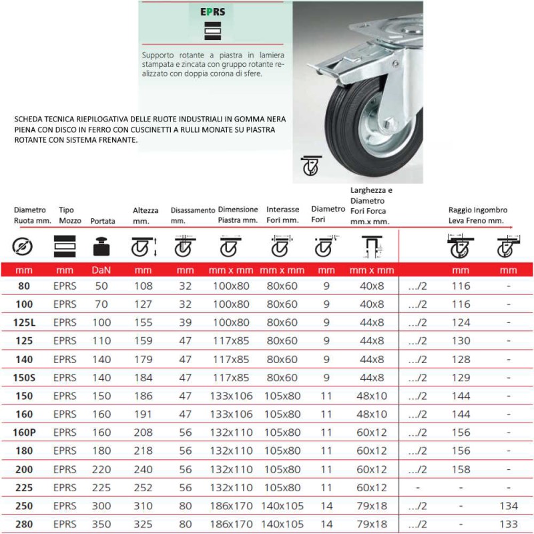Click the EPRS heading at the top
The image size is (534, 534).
pyautogui.click(x=212, y=11)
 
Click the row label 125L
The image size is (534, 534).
pyautogui.click(x=24, y=322)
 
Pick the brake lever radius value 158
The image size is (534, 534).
pyautogui.click(x=461, y=469)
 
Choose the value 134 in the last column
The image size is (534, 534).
pyautogui.click(x=508, y=505)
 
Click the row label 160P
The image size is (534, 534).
pyautogui.click(x=24, y=432)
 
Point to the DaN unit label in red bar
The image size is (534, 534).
pyautogui.click(x=101, y=270)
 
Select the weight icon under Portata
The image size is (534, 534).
pyautogui.click(x=101, y=247)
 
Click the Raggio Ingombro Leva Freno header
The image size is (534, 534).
pyautogui.click(x=478, y=214)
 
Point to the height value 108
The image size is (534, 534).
pyautogui.click(x=143, y=286)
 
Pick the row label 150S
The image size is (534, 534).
pyautogui.click(x=24, y=377)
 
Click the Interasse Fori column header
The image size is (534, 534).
pyautogui.click(x=282, y=214)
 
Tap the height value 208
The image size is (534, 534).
pyautogui.click(x=143, y=432)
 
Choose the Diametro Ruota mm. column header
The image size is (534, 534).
pyautogui.click(x=32, y=214)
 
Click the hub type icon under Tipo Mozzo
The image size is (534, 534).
pyautogui.click(x=65, y=247)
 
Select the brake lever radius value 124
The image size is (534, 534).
pyautogui.click(x=461, y=322)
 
